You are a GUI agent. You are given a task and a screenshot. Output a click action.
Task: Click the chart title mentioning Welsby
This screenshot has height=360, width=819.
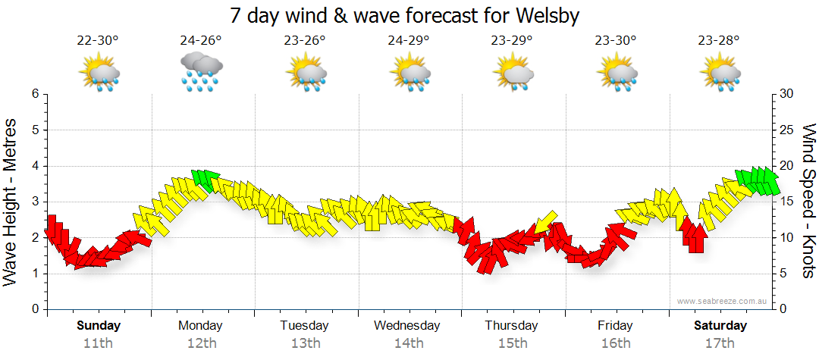(409, 15)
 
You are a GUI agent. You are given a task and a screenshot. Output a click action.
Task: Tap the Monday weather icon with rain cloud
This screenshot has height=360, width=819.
(201, 72)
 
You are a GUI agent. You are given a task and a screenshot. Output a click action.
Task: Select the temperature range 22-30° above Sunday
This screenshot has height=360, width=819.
(98, 41)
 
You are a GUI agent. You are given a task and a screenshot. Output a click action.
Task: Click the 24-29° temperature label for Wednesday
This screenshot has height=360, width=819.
(409, 41)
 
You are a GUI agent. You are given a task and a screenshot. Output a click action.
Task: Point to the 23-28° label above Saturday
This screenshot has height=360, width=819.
(719, 41)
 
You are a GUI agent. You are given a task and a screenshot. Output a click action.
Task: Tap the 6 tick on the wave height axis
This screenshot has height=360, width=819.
(35, 94)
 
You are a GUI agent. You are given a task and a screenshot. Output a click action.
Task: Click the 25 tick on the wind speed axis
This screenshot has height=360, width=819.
(786, 130)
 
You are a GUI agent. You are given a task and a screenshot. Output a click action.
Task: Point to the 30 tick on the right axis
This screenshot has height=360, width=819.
(786, 94)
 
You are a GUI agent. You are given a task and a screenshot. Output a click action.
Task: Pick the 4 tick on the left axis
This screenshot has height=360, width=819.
(35, 166)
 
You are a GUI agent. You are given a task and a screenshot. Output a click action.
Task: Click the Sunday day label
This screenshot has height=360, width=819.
(99, 326)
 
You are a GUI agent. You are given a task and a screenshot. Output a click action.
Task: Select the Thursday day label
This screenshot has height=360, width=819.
(512, 326)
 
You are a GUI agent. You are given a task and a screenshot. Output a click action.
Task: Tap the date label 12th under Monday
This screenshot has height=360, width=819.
(201, 343)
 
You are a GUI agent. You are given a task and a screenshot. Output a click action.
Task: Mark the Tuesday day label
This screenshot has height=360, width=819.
(304, 326)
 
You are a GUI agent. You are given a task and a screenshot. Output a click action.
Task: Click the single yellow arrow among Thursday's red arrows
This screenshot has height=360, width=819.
(544, 222)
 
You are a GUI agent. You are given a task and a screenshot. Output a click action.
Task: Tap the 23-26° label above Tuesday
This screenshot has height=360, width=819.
(305, 41)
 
